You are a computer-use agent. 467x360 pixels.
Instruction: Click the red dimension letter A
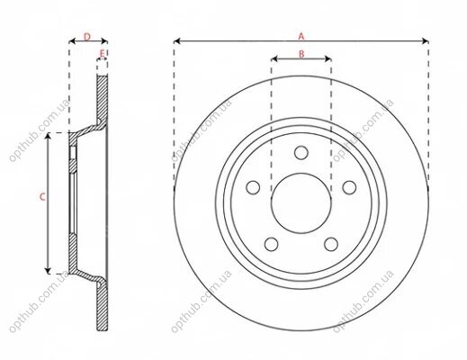301,37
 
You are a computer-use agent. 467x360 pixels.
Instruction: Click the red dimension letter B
301,54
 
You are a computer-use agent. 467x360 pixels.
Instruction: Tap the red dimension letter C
42,197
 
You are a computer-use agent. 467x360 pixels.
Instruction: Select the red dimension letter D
87,37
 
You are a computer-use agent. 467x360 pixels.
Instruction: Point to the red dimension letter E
103,54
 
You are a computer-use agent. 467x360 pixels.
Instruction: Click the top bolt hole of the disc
301,153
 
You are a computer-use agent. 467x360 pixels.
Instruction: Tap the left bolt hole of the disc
253,187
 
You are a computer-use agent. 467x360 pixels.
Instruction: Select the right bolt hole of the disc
349,187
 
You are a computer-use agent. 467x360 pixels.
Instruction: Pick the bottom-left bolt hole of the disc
272,244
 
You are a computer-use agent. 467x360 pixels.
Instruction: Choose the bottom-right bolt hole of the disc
331,244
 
